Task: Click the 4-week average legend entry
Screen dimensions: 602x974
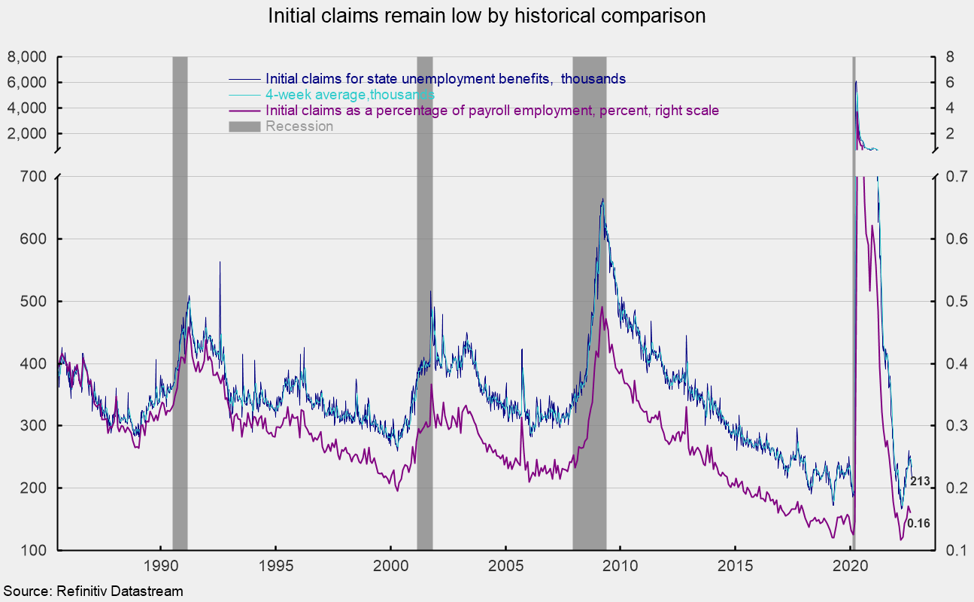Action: click(x=350, y=95)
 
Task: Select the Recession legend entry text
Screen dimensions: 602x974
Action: click(x=299, y=126)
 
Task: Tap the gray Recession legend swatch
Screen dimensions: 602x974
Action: click(x=244, y=126)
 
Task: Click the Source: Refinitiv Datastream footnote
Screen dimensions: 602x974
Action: click(x=93, y=591)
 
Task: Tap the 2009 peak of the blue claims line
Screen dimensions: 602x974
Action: click(x=602, y=199)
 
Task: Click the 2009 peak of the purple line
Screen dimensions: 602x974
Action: click(x=602, y=307)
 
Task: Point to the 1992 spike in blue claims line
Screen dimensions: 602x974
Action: click(x=220, y=263)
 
